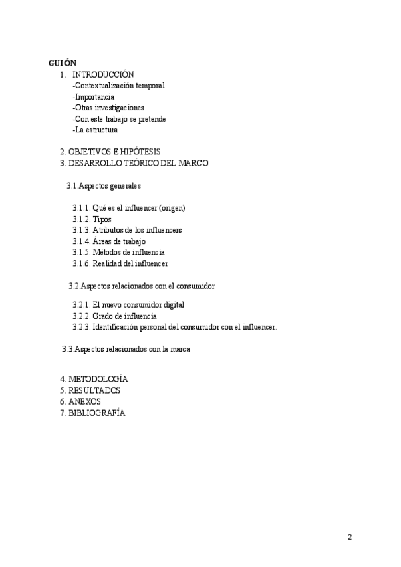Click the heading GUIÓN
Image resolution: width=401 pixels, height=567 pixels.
[63, 63]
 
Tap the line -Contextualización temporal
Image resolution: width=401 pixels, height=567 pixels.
[118, 86]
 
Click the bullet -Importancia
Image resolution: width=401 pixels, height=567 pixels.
[93, 97]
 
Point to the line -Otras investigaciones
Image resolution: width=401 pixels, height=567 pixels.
[108, 108]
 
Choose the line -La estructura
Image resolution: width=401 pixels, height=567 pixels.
[95, 130]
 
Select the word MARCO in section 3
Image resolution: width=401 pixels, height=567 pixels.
[194, 163]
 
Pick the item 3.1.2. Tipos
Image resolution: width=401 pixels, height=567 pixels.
[92, 219]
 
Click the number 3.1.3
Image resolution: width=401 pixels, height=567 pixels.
[81, 230]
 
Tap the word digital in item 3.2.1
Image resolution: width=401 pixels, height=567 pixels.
[170, 304]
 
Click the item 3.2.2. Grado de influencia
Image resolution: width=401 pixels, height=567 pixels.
[115, 316]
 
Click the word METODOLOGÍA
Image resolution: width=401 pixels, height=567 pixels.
[98, 379]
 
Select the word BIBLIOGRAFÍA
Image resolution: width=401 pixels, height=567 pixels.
[96, 413]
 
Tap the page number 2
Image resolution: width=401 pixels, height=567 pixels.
[350, 537]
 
